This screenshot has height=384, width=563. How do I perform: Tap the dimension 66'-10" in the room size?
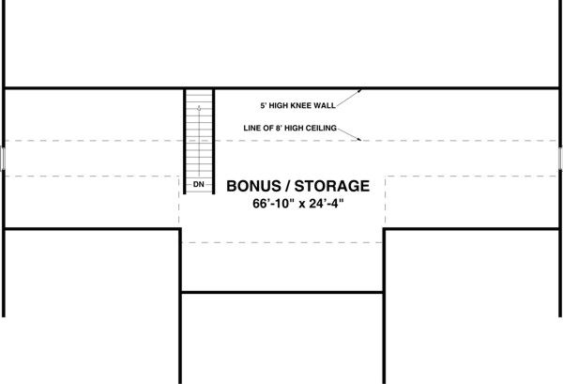coord(275,204)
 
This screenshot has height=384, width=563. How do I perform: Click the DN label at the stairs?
coord(199,184)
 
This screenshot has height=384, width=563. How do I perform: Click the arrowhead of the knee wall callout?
coord(362,90)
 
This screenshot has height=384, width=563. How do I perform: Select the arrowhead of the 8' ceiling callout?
coord(362,141)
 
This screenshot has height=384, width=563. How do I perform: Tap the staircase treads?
coord(199,141)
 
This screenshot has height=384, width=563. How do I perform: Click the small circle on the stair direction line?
coord(199,108)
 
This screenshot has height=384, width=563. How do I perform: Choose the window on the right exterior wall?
coord(560,157)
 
